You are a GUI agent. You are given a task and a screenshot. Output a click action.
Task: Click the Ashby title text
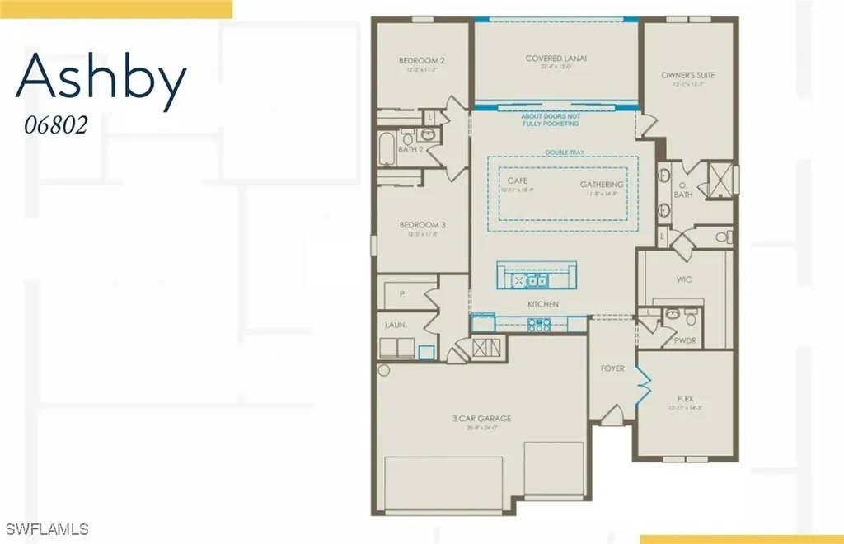[101, 81]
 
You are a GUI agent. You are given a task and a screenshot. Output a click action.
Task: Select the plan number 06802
[54, 125]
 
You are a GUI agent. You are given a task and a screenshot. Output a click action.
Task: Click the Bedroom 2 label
[422, 60]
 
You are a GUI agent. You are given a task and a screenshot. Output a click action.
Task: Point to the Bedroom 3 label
[422, 224]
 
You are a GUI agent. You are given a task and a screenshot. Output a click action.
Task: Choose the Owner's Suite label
[688, 75]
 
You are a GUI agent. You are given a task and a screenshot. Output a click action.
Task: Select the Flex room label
[684, 396]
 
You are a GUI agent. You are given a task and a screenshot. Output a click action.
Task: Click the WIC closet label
[684, 279]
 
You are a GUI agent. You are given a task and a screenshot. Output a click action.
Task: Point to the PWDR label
[684, 339]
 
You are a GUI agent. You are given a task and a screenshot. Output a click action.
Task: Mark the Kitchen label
[543, 304]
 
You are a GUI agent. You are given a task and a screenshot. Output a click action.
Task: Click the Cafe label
[518, 181]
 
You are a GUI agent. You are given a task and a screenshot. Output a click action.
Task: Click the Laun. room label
[396, 326]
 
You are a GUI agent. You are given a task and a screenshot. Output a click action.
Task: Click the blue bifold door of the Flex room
[642, 380]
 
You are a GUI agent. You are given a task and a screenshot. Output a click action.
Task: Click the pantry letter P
[401, 293]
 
